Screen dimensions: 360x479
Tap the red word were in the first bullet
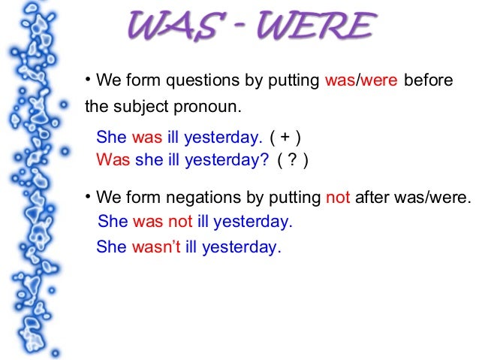coord(378,81)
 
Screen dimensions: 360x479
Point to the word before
coord(429,81)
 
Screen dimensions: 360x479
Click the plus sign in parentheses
coord(286,138)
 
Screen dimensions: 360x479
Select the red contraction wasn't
coord(156,247)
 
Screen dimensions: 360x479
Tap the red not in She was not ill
coord(180,222)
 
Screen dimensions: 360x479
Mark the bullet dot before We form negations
coord(87,197)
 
